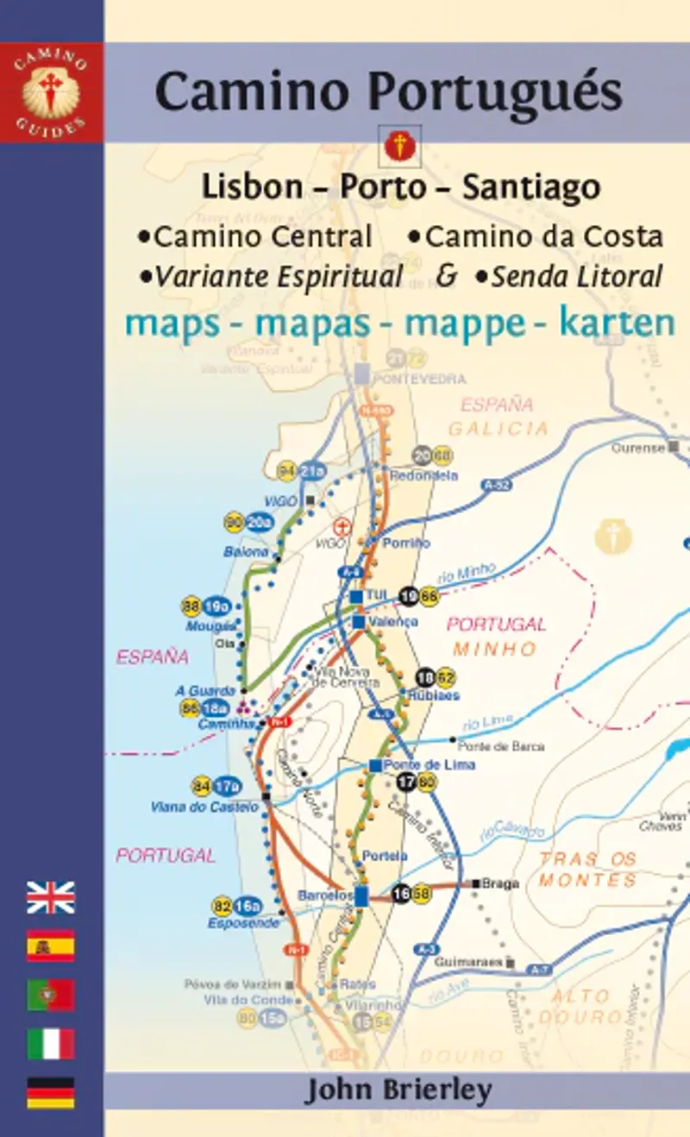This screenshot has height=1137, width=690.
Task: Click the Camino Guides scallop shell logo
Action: pos(51,94)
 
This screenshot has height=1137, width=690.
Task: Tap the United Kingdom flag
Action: pos(51,897)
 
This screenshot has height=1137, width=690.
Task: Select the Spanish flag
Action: pos(51,945)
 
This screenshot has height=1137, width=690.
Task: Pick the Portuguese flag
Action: pos(51,995)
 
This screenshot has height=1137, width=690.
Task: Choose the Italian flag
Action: pos(51,1044)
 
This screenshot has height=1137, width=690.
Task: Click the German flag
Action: pos(51,1092)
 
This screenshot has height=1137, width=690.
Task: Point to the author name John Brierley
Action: pos(397,1091)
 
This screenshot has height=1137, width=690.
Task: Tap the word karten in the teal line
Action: pos(617,323)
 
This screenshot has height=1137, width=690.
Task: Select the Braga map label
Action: pos(500,883)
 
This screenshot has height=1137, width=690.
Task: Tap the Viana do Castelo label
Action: pos(204,807)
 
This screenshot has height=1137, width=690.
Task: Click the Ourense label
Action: pos(638,448)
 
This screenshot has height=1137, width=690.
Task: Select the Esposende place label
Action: pos(243,923)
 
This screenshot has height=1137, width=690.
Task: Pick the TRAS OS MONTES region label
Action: pos(587,870)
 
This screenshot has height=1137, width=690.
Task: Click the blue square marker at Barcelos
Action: pos(361,895)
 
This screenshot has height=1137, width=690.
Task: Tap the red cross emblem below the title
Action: pos(399,146)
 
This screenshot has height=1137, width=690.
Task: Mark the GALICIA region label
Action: pos(498,429)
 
